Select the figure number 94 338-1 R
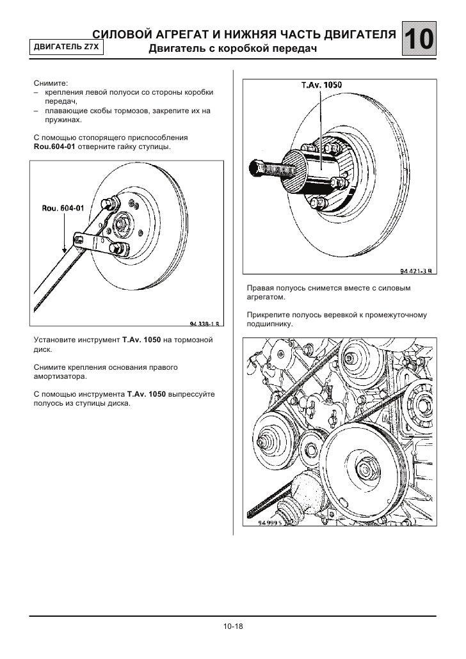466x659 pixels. pos(205,322)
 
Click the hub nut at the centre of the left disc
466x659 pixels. pos(122,225)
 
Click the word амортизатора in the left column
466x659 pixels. pos(58,378)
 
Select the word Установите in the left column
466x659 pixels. pos(53,338)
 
